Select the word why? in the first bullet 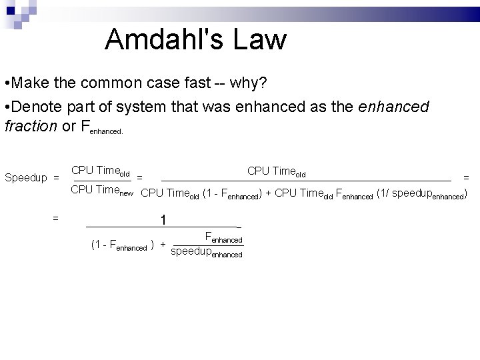(x=249, y=84)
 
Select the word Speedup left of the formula (x=26, y=178)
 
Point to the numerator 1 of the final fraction (x=163, y=219)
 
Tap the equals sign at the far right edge (x=466, y=177)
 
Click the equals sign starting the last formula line (x=56, y=217)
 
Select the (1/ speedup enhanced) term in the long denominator (x=421, y=195)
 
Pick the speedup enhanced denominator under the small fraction (x=207, y=253)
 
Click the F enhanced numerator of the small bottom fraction (x=223, y=237)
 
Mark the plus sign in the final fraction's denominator (x=163, y=245)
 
